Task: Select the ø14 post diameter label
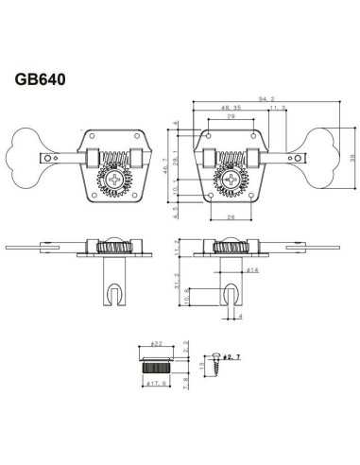pos(255,270)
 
